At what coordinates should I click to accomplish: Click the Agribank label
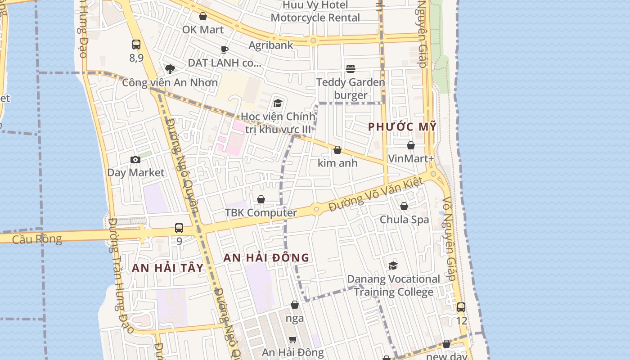(271, 45)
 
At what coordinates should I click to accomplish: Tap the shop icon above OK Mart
(203, 17)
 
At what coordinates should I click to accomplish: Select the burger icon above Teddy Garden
(351, 68)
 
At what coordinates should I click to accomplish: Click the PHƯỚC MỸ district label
(402, 127)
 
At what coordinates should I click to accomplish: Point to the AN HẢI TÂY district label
(168, 268)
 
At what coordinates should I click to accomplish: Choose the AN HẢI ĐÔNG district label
(266, 258)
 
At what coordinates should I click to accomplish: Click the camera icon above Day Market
(135, 160)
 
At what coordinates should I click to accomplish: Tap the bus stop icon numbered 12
(461, 308)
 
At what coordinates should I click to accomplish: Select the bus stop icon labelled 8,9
(136, 45)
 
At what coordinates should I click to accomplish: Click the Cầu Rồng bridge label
(37, 239)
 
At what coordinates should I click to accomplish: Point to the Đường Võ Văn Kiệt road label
(376, 194)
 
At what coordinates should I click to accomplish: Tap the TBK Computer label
(261, 213)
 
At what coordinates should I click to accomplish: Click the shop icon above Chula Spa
(404, 206)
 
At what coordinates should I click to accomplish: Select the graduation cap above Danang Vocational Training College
(393, 265)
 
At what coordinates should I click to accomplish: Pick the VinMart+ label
(411, 158)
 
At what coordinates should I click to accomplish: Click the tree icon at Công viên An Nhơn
(170, 69)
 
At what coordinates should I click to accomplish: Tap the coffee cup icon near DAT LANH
(225, 49)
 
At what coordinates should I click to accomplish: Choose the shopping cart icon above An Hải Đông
(293, 339)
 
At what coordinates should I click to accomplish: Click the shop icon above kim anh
(337, 150)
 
